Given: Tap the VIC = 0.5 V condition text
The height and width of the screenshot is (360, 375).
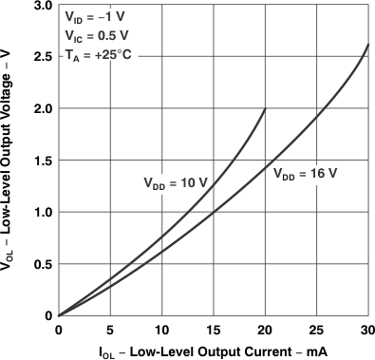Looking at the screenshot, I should coord(97,38).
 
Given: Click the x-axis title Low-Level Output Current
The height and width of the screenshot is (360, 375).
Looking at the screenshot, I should coord(213,351).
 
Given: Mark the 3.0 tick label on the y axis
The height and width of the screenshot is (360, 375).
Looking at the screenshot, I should coord(43,6).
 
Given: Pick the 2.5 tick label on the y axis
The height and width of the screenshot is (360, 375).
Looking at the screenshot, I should coord(43,57).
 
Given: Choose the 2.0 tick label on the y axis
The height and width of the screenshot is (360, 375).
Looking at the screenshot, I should coord(43,109).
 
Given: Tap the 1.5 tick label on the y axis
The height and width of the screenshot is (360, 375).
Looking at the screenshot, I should coord(43,161).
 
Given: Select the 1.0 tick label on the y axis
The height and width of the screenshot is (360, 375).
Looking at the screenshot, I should coord(43,212).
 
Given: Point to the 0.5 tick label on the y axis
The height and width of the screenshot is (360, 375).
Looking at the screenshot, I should coord(43,264).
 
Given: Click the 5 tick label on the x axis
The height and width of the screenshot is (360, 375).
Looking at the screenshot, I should coord(110,329).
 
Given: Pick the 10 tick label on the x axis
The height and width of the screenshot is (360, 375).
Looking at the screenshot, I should coord(161,329).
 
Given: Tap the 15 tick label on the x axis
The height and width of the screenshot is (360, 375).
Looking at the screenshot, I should coord(213,329).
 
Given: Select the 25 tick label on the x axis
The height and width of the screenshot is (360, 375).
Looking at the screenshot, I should coord(316,329).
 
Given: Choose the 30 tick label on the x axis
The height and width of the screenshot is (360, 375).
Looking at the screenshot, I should coord(367,329).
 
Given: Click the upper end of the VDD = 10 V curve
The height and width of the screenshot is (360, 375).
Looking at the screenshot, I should coord(265,109).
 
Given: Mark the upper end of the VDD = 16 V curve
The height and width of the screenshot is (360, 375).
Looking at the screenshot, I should coord(367,46).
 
